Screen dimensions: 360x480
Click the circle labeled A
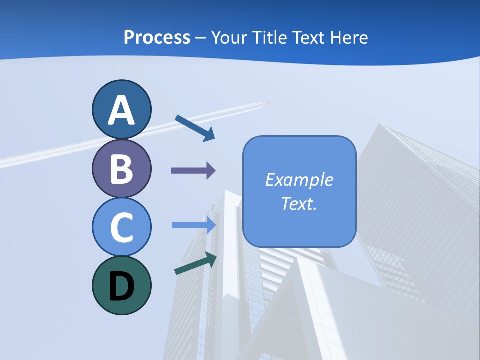[x=121, y=109]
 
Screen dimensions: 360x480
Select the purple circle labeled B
[x=121, y=168]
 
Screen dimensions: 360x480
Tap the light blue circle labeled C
[x=121, y=227]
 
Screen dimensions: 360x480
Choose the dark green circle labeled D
[x=121, y=285]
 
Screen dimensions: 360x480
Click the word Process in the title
[x=157, y=37]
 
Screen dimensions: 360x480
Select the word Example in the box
[x=299, y=180]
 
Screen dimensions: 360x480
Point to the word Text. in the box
[x=299, y=203]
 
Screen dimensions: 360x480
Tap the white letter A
[x=121, y=110]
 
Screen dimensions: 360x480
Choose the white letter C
[x=121, y=227]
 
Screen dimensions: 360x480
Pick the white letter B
[x=121, y=169]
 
